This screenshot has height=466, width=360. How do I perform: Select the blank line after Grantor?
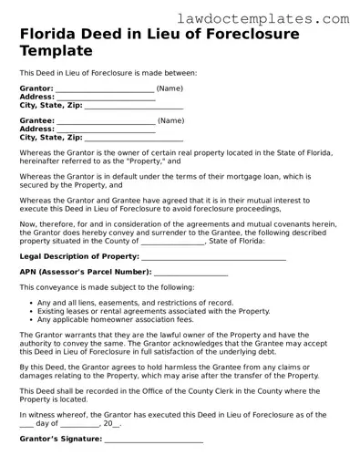tap(105, 90)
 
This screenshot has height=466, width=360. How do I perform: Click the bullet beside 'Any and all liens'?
tap(32, 303)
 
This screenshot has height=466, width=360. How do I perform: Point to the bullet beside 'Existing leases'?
tap(32, 311)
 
